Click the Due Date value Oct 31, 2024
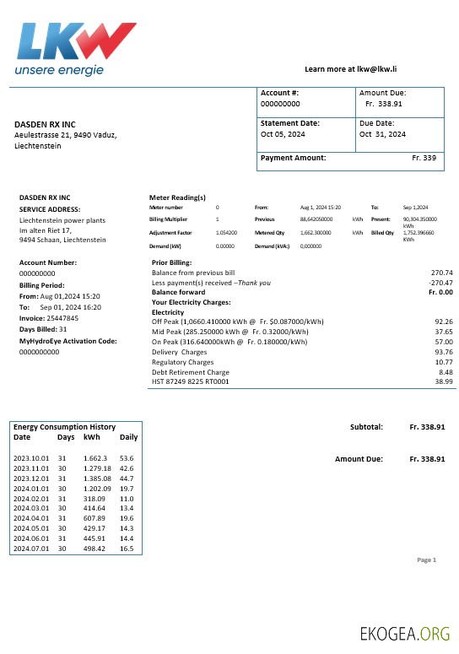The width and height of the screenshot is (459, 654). (x=382, y=134)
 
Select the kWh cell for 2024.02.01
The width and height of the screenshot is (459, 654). (x=95, y=500)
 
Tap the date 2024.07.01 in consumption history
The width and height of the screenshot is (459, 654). (x=32, y=549)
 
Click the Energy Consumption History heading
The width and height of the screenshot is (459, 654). (x=64, y=427)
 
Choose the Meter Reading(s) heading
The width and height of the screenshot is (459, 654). (x=177, y=197)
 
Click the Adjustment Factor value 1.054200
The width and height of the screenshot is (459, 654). (x=226, y=232)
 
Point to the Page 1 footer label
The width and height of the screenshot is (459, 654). (x=427, y=559)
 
